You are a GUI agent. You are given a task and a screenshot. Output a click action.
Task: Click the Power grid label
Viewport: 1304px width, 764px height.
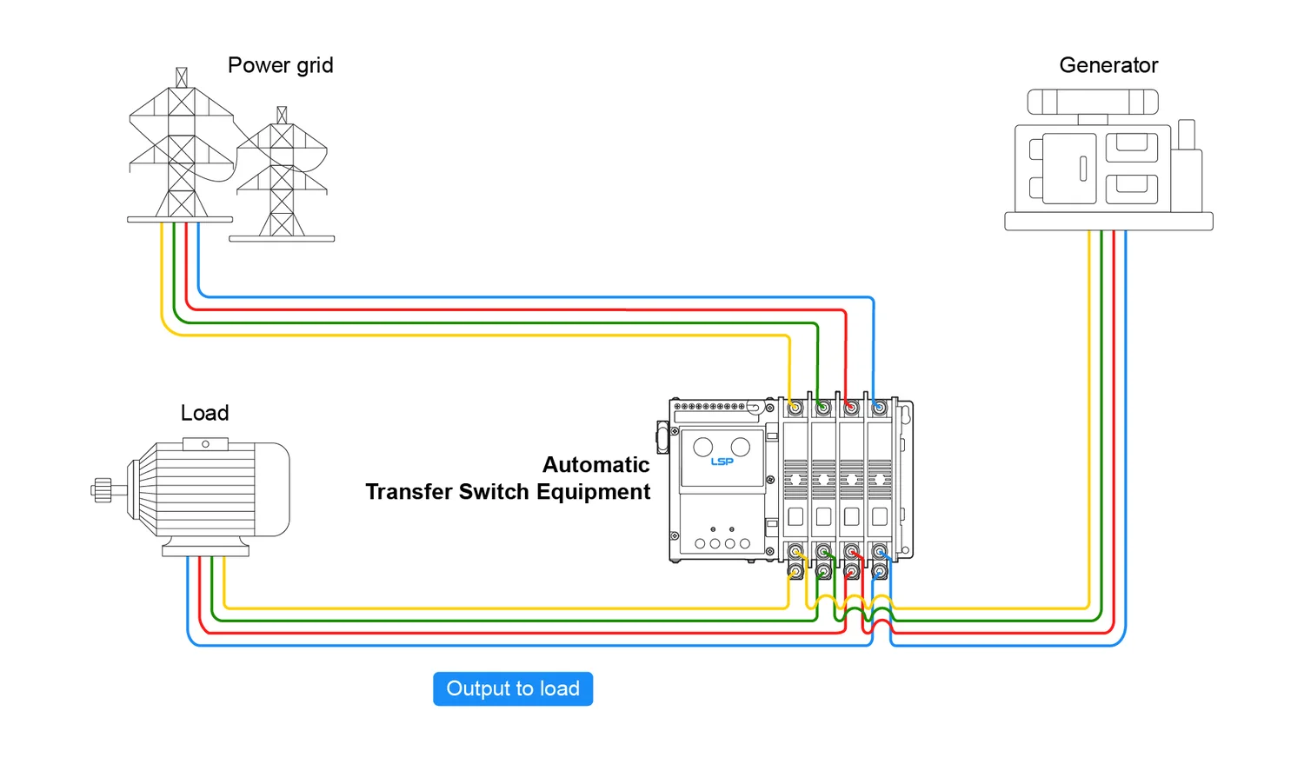coord(280,65)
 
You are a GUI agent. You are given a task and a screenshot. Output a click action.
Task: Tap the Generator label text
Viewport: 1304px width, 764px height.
coord(1108,65)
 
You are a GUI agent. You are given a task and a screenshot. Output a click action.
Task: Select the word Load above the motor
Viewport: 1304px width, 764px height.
coord(204,413)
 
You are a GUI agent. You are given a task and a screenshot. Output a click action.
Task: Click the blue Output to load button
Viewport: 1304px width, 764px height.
coord(513,688)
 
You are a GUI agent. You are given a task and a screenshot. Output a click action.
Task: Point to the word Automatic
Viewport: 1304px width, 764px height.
coord(595,465)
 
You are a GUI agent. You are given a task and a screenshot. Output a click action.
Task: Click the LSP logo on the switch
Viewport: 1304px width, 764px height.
coord(722,462)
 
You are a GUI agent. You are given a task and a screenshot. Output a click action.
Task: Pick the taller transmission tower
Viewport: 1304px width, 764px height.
coord(181,148)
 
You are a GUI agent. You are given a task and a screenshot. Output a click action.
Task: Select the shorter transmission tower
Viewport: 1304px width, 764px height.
coord(282,178)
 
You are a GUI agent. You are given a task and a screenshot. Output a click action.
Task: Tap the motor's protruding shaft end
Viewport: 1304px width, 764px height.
coord(102,490)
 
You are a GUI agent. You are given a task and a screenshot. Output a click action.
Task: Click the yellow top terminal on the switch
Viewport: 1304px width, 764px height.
coord(795,408)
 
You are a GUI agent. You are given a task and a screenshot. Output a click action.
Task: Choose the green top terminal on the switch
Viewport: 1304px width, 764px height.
coord(822,408)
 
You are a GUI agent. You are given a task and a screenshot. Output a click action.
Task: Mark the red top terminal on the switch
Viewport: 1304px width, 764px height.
coord(851,408)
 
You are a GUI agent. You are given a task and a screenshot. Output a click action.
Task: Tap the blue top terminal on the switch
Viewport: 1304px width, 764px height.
coord(879,408)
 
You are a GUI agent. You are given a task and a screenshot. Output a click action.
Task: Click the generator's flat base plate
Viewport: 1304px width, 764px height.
coord(1108,222)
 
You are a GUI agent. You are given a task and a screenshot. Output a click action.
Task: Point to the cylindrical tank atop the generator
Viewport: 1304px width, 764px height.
coord(1093,102)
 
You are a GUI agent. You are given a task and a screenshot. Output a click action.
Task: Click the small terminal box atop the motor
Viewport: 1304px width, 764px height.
coord(205,444)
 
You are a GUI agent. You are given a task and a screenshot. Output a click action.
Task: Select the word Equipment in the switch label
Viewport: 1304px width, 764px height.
coord(593,492)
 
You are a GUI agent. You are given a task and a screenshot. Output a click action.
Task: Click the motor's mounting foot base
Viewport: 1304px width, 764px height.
coord(205,550)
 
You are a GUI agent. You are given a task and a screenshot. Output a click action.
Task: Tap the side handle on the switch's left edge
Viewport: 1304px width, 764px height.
coord(662,437)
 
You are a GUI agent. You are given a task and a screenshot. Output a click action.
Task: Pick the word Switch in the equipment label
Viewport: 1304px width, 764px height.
coord(494,492)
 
